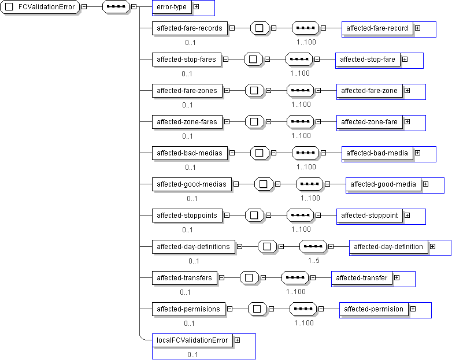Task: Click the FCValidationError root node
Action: point(40,7)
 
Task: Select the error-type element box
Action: point(172,7)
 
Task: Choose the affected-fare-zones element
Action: point(187,90)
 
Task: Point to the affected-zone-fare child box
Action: point(369,122)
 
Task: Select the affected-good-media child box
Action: point(383,184)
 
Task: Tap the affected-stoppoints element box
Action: point(187,216)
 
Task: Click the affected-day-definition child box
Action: point(388,247)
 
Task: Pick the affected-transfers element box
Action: point(184,278)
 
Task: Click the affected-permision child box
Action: point(373,309)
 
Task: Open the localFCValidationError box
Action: point(192,340)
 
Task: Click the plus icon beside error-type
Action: point(196,7)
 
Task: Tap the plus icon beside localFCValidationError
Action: point(237,340)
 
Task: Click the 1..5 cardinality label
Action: point(314,260)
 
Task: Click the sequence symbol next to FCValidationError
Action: point(115,7)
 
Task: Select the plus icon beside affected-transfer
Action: point(397,278)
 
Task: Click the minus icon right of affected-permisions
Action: point(229,309)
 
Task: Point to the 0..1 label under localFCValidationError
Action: point(192,354)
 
